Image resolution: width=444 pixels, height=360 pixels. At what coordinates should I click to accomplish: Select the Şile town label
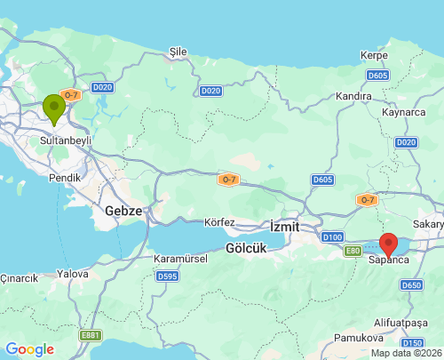click(178, 52)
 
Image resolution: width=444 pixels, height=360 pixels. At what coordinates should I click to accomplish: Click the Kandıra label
click(353, 95)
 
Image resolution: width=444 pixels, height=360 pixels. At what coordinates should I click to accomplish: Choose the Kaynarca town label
click(404, 113)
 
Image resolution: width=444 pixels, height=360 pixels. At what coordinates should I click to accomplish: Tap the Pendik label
click(65, 178)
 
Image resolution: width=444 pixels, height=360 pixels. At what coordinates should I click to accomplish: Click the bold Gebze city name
click(123, 211)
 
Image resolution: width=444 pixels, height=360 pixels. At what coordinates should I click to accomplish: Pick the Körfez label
click(219, 221)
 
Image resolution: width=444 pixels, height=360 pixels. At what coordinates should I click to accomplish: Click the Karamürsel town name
click(180, 259)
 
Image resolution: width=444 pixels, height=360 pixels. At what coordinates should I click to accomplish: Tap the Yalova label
click(73, 275)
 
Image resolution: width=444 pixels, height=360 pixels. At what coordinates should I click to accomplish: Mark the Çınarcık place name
click(20, 278)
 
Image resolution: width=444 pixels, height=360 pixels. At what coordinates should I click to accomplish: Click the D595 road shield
click(167, 276)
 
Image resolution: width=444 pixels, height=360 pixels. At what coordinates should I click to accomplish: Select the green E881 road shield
click(90, 335)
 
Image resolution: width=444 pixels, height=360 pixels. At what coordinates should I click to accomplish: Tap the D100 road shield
click(333, 237)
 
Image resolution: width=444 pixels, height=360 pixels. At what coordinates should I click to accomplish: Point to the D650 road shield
click(411, 285)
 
